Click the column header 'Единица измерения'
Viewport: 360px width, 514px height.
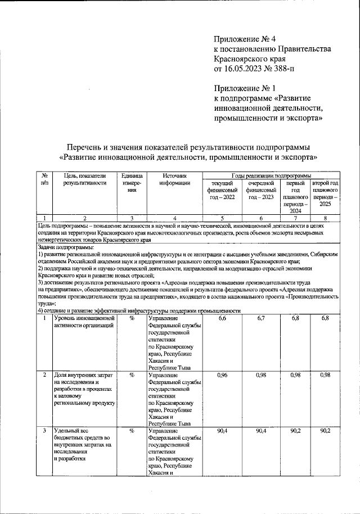point(131,183)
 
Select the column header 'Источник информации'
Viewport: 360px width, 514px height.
point(174,179)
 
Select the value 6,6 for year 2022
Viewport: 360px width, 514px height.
point(222,319)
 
